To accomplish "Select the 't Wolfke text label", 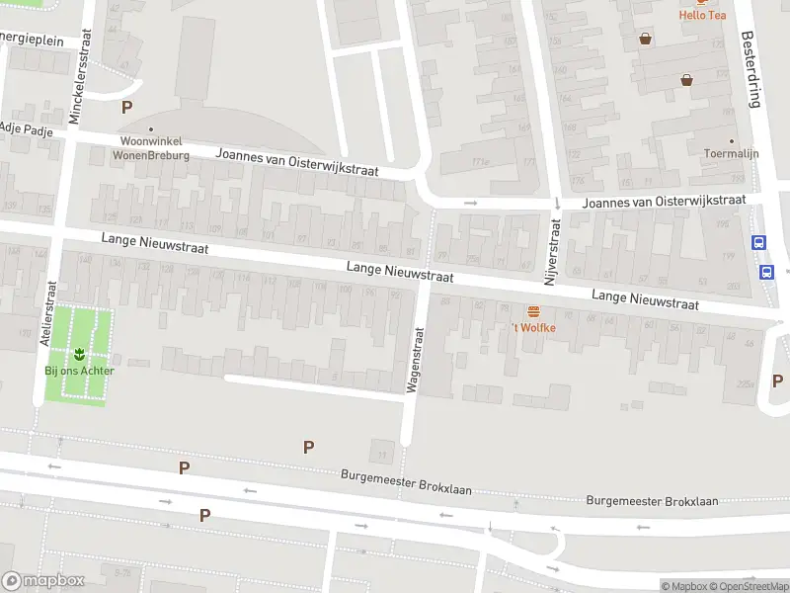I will (533, 327).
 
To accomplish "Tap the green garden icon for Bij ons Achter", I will (79, 353).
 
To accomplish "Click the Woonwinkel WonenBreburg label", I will (150, 148).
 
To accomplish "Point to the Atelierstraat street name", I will (44, 310).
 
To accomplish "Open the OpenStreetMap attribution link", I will (748, 586).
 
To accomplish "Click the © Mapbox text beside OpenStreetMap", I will (683, 586).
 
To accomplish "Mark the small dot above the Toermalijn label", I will (732, 141).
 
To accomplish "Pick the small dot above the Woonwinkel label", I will (150, 128).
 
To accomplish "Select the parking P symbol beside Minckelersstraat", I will (126, 107).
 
